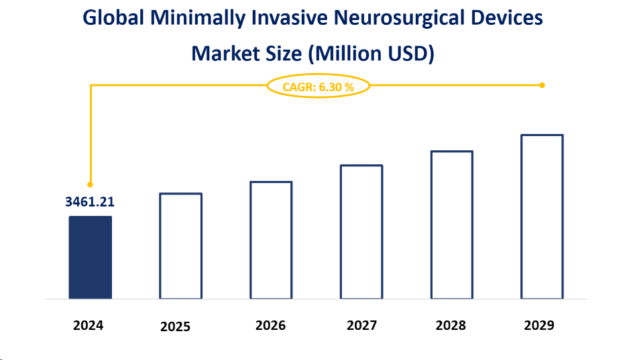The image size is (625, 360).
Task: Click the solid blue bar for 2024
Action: [90, 257]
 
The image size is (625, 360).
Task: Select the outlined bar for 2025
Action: [180, 245]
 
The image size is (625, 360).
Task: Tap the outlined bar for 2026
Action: [271, 240]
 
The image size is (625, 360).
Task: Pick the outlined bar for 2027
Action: [361, 231]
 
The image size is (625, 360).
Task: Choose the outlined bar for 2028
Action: [452, 225]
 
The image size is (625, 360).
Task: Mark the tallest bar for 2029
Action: [543, 217]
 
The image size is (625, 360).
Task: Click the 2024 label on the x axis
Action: [89, 325]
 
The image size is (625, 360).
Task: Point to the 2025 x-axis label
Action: [175, 326]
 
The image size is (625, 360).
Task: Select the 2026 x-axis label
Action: [270, 325]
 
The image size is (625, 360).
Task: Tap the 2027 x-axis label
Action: [361, 325]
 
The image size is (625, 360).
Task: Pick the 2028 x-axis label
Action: [450, 325]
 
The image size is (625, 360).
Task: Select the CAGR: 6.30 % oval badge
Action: [318, 86]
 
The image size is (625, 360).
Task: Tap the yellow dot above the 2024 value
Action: [90, 184]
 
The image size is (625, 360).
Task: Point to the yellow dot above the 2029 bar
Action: [542, 85]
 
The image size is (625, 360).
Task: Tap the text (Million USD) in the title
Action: [371, 53]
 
